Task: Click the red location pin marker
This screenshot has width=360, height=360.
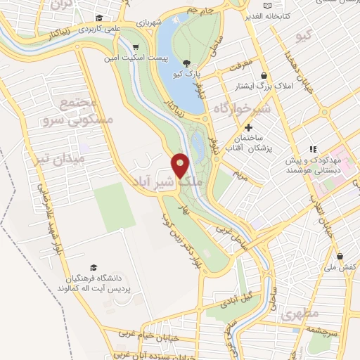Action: coord(180,166)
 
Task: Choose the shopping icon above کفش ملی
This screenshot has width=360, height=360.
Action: coord(340,256)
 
